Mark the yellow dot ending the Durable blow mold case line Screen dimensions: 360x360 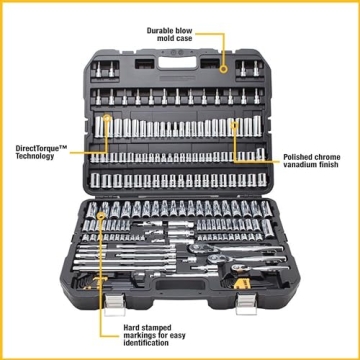point(224,69)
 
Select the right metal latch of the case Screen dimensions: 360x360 point(245,303)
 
